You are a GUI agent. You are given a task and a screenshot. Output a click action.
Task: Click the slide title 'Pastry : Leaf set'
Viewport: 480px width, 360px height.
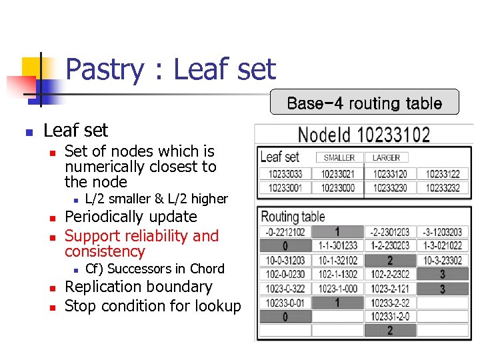(171, 70)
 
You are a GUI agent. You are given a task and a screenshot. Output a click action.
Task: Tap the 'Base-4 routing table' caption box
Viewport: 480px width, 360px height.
(364, 103)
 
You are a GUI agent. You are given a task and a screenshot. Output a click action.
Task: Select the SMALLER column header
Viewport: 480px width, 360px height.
(339, 158)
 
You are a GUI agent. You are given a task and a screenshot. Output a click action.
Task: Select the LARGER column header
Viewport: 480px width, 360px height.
(386, 158)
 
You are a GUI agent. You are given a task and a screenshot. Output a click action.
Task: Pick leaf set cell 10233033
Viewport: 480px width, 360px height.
(285, 175)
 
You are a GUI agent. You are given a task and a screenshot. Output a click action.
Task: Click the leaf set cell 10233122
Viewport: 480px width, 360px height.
(443, 175)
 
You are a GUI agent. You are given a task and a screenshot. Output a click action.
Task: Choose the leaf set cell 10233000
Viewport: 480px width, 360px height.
(339, 188)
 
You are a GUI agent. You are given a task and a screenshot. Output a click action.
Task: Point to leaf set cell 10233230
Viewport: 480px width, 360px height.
(390, 188)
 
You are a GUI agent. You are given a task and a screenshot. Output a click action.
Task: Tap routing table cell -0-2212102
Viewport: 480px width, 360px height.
(285, 232)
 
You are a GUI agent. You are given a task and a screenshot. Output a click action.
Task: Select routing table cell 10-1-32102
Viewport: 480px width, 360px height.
(338, 261)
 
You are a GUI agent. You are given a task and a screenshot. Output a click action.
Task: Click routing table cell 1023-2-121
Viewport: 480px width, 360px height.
(389, 289)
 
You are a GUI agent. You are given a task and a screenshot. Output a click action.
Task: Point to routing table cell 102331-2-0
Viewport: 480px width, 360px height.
(389, 317)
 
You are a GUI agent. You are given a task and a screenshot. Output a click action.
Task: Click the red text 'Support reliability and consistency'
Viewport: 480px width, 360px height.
(141, 243)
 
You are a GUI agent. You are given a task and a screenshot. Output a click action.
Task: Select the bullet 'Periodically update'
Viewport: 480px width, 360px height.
(131, 217)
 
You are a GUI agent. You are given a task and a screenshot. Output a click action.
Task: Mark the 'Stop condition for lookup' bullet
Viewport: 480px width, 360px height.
(153, 306)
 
